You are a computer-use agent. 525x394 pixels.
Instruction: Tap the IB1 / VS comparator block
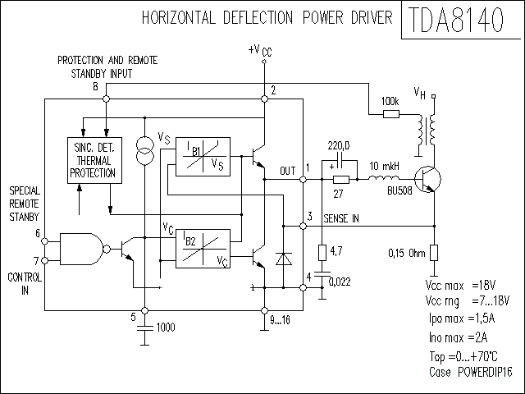coord(198,155)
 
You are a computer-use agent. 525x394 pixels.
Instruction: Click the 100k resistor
coord(390,113)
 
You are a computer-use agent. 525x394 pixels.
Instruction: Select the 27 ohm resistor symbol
coord(340,180)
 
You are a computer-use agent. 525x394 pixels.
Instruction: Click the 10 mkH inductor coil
coord(382,179)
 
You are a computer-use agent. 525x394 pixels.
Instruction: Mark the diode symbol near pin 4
coord(285,259)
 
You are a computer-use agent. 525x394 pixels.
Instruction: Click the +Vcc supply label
coord(260,51)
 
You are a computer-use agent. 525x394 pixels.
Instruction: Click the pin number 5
coord(134,317)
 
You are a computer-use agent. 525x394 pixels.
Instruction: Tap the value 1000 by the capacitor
coord(165,327)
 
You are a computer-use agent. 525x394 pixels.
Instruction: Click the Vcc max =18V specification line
coord(460,285)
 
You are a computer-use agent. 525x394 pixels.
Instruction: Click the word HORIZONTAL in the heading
coord(176,17)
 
